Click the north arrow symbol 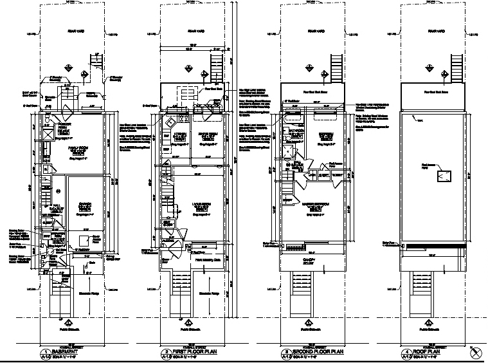tap(476, 351)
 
